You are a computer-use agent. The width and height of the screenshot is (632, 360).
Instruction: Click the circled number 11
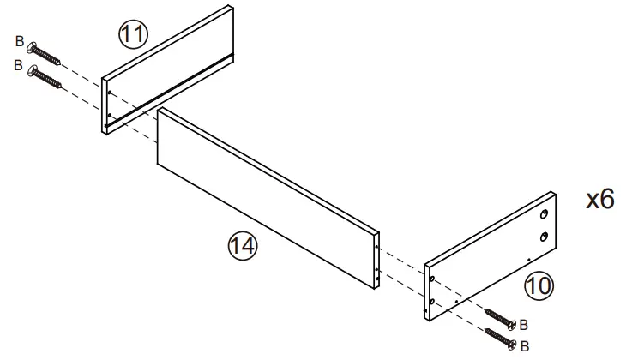[x=132, y=34]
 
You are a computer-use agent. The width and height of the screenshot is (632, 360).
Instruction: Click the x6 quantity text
[x=599, y=200]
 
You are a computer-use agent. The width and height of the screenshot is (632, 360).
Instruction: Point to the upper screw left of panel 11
[x=44, y=52]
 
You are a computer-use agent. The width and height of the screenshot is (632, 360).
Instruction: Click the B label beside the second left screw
[x=19, y=65]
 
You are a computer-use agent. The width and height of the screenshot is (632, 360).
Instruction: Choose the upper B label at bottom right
[x=524, y=326]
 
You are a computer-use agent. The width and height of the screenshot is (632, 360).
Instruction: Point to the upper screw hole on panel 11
[x=110, y=93]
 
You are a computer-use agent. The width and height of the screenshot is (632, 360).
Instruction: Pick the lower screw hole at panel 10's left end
[x=432, y=301]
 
